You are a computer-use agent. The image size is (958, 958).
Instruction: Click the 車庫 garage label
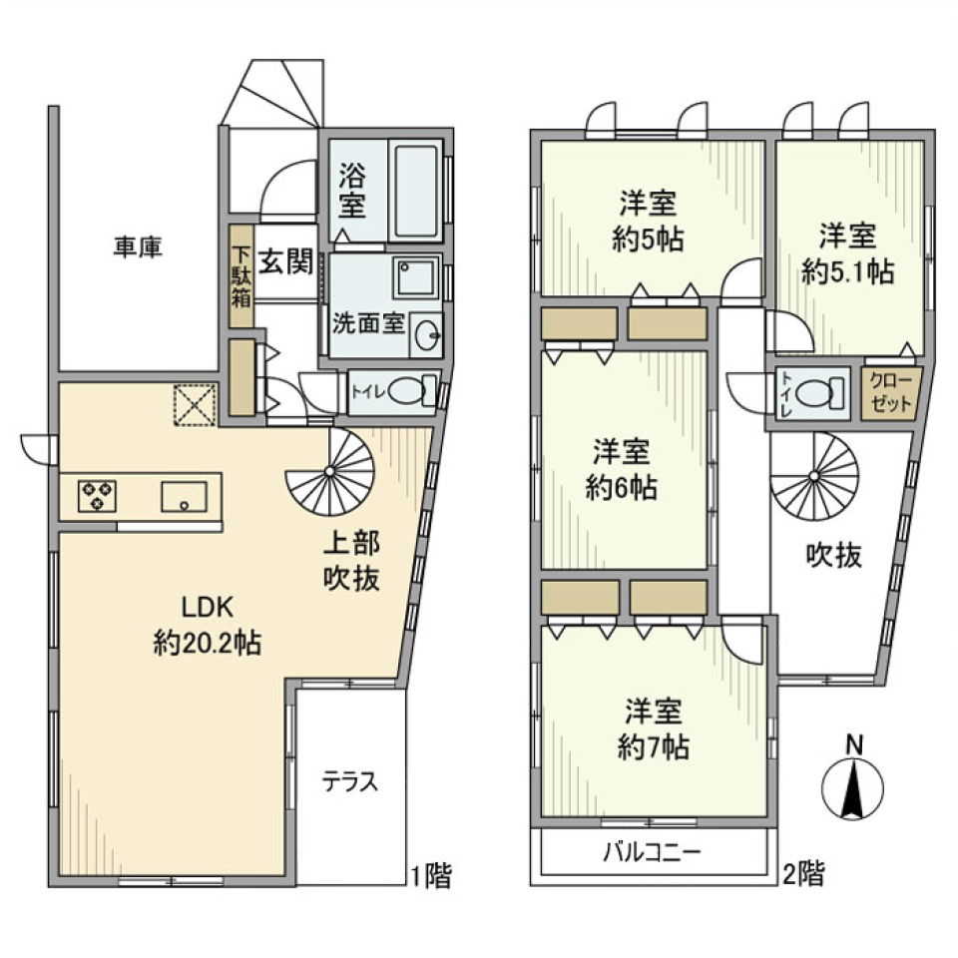pyautogui.click(x=138, y=245)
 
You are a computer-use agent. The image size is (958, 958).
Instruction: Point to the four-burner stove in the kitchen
pyautogui.click(x=97, y=495)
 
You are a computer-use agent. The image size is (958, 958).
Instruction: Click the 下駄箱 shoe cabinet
pyautogui.click(x=241, y=279)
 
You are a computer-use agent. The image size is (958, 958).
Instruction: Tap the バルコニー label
pyautogui.click(x=654, y=854)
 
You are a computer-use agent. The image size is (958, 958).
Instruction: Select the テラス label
pyautogui.click(x=350, y=781)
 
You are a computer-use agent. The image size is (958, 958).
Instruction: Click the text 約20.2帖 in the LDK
pyautogui.click(x=208, y=644)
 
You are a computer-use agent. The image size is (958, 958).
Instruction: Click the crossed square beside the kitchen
pyautogui.click(x=195, y=404)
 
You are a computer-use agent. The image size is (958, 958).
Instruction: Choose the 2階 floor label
pyautogui.click(x=804, y=876)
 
